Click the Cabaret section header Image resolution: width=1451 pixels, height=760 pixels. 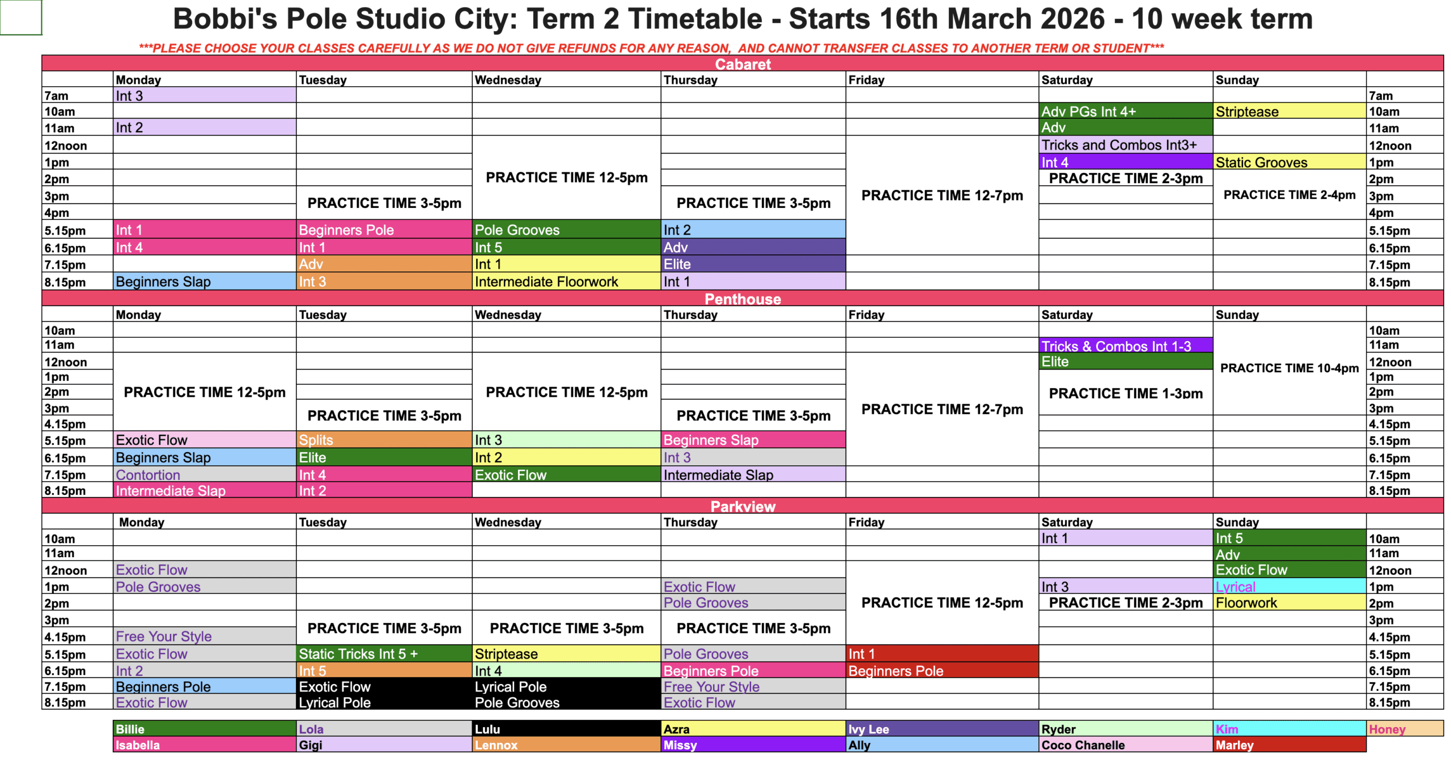(x=742, y=63)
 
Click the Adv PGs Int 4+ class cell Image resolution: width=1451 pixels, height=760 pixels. (x=1125, y=111)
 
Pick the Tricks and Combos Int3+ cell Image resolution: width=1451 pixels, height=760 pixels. (x=1125, y=145)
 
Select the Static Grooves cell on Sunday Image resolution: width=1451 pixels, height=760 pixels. (x=1289, y=162)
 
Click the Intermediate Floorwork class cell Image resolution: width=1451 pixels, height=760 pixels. (x=566, y=281)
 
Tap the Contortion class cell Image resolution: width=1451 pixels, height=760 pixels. (x=205, y=474)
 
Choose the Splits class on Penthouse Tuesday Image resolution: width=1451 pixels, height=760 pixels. (x=384, y=439)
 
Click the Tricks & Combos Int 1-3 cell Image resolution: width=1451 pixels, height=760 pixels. (x=1125, y=345)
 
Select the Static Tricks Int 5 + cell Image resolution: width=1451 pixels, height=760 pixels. (x=384, y=653)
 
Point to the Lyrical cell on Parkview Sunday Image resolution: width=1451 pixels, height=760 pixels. (x=1289, y=586)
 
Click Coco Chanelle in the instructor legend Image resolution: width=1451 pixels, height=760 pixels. (x=1125, y=744)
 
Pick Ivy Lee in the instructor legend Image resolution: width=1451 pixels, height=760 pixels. (x=941, y=728)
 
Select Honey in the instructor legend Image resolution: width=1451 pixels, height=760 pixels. (x=1404, y=728)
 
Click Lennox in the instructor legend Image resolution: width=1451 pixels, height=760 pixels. (x=566, y=744)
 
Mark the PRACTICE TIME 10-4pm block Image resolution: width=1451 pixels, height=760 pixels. (x=1289, y=368)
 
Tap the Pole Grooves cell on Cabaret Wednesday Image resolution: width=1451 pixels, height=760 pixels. (x=566, y=230)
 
